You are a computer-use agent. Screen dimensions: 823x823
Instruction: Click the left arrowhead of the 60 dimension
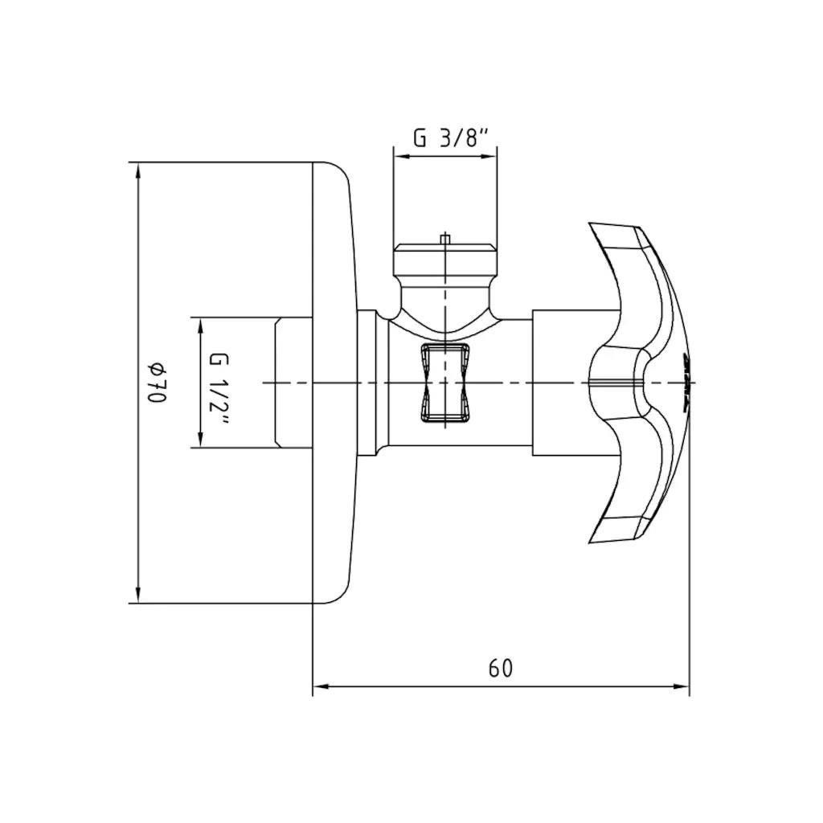tap(320, 686)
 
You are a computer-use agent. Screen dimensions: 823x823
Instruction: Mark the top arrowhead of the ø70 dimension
tap(138, 170)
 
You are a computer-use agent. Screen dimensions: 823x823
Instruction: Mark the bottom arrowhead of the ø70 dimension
tap(138, 596)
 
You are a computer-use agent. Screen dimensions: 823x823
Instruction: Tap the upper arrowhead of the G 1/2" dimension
tap(200, 326)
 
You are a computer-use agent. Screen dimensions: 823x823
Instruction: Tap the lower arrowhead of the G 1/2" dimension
tap(200, 440)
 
